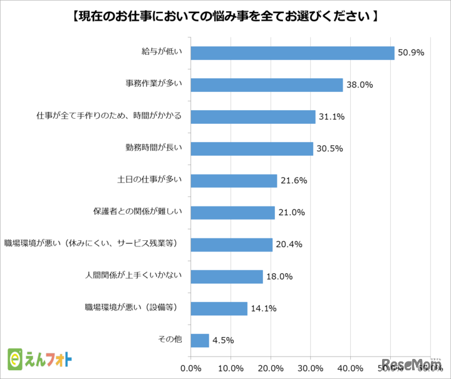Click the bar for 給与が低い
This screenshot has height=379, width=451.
coord(292,53)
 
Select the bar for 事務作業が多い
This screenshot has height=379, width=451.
coord(266,84)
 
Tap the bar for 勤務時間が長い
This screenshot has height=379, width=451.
coord(251,148)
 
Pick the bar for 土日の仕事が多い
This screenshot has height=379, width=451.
coord(234,180)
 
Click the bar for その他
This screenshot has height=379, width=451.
coord(200,340)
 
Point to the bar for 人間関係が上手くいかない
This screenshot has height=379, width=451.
coord(226,276)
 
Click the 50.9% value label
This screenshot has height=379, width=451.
coord(412,53)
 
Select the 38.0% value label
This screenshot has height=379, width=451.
coord(360,85)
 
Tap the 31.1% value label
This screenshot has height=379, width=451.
coord(332,117)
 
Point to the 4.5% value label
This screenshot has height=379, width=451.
coord(223,340)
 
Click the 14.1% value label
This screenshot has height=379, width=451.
coord(264,308)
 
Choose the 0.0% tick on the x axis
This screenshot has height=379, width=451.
coord(190,368)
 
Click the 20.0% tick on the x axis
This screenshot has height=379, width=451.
coord(271,368)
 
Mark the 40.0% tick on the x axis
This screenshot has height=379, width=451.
coord(350,368)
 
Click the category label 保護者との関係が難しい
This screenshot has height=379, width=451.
coord(137,212)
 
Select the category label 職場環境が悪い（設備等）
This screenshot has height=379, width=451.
coord(133,308)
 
